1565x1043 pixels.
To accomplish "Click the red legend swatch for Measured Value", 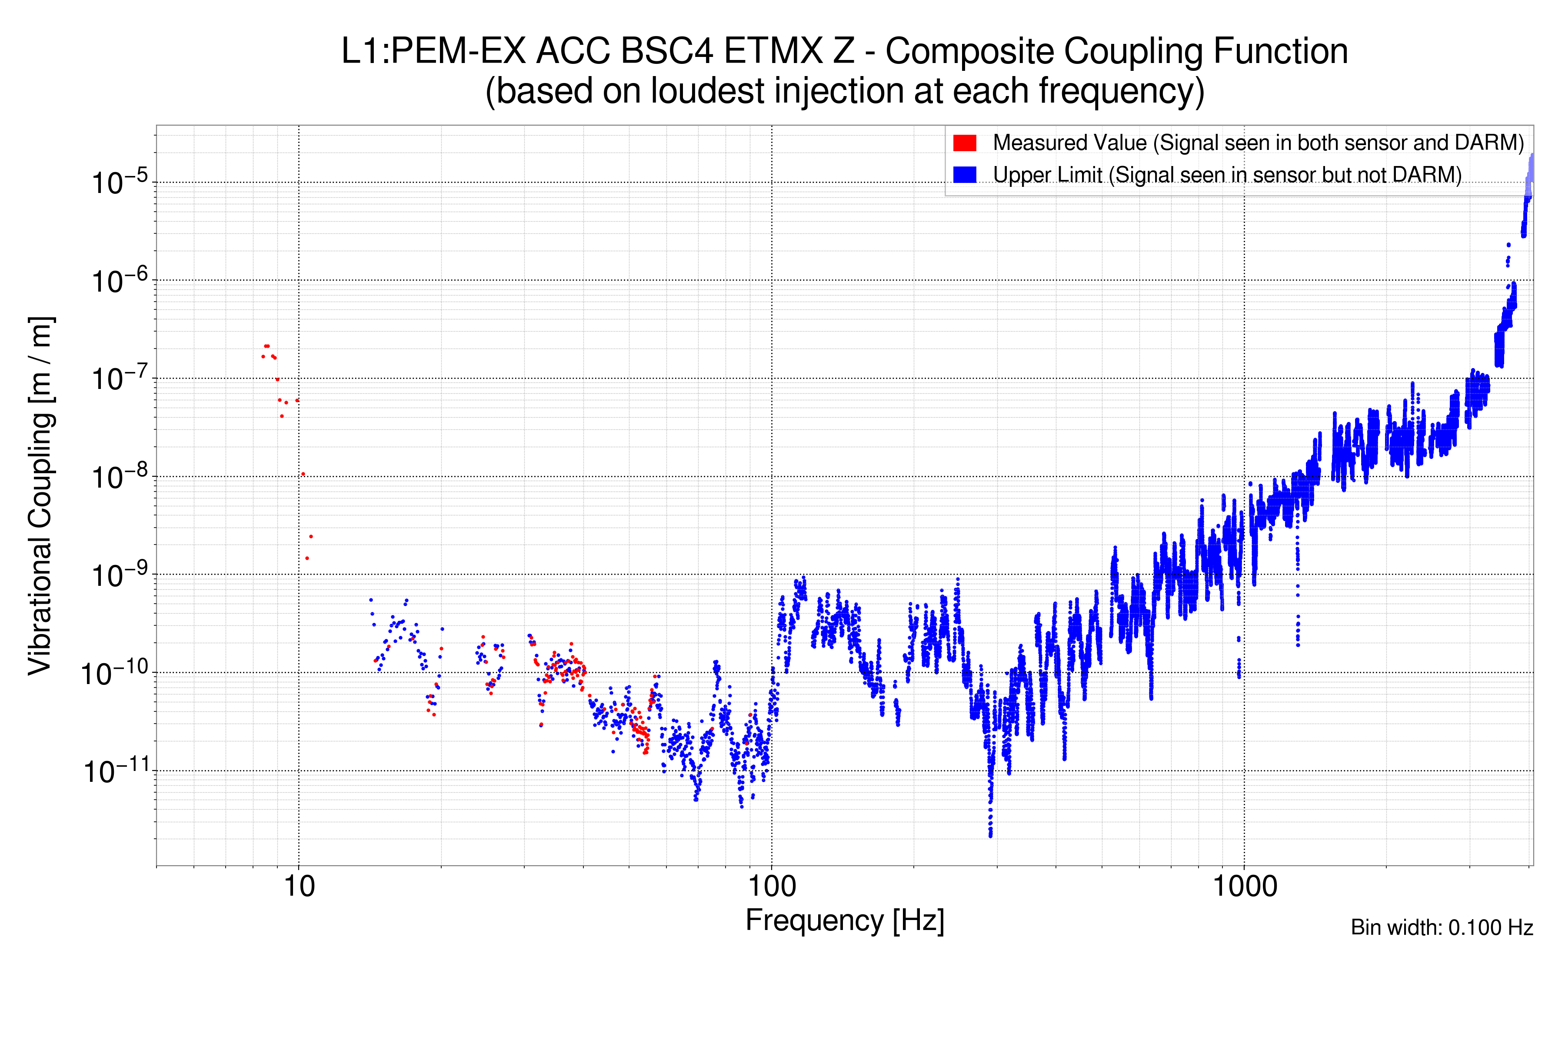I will coord(964,143).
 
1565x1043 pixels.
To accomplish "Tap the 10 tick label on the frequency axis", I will coord(299,887).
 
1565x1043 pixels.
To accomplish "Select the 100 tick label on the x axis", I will coord(772,887).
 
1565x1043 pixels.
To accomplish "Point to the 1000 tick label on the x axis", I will coord(1244,887).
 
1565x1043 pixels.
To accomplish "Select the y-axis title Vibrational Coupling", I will coord(40,495).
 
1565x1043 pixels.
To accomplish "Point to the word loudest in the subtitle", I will coord(707,91).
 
